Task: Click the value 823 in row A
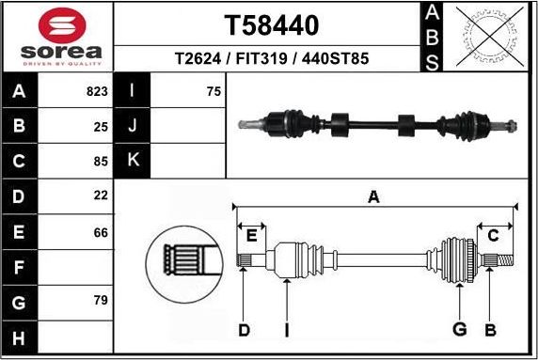pos(97,92)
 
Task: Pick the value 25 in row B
pos(101,126)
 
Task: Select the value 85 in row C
pos(101,161)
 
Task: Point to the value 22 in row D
pos(101,196)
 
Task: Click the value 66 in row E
pos(101,231)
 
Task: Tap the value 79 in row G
pos(101,301)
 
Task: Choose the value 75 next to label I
pos(214,92)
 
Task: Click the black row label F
pos(20,266)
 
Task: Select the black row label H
pos(20,337)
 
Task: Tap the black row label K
pos(133,161)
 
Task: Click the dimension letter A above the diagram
pos(373,196)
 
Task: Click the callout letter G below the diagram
pos(460,329)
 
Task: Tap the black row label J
pos(133,126)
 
